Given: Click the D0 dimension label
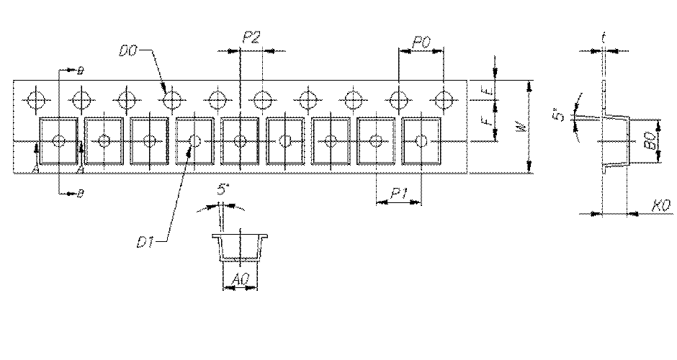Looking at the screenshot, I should click(x=127, y=51).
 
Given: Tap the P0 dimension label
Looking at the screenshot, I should click(x=421, y=44).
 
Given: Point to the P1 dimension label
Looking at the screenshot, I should click(x=400, y=193).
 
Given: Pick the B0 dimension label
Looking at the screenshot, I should click(x=650, y=141).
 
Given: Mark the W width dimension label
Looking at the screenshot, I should click(x=521, y=128).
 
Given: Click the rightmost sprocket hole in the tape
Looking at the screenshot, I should click(x=445, y=97).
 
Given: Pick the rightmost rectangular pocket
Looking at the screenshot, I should click(x=422, y=140).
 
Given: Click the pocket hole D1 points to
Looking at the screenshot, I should click(x=194, y=140).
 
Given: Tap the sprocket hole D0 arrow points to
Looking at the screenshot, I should click(x=171, y=97).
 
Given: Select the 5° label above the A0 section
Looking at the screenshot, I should click(x=224, y=191).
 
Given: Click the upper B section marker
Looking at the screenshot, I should click(x=80, y=71).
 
